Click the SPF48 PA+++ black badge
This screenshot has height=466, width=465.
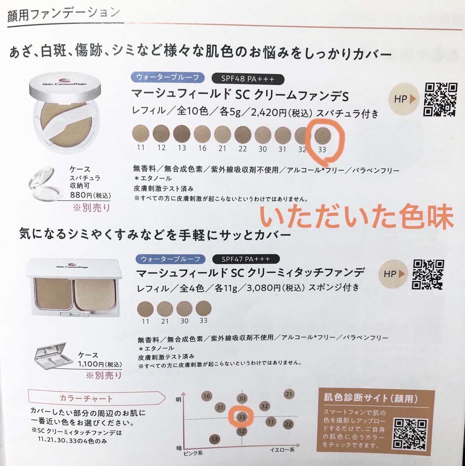click(x=248, y=79)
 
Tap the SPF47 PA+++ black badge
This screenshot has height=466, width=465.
click(x=246, y=259)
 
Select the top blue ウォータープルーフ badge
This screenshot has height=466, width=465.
click(x=168, y=77)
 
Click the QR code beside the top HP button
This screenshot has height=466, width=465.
click(x=440, y=100)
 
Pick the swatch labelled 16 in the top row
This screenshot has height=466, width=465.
click(x=202, y=134)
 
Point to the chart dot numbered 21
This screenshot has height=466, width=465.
click(x=289, y=394)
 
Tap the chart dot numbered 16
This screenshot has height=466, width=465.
click(x=207, y=396)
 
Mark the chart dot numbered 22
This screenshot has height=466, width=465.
click(x=288, y=424)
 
